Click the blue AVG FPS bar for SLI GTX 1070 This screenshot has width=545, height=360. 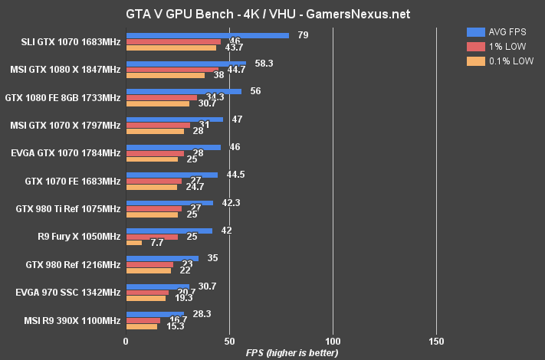207,35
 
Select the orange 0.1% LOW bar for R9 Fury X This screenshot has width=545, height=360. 134,243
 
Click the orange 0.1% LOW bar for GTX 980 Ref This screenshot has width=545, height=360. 149,270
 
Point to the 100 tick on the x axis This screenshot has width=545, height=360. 333,340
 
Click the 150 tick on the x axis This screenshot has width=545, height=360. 436,340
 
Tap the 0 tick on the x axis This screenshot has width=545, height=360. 126,340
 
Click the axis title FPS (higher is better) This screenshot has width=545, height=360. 281,352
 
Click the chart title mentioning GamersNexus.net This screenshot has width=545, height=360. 272,13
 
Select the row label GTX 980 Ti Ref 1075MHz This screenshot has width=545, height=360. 68,208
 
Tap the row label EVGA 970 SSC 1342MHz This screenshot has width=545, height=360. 68,292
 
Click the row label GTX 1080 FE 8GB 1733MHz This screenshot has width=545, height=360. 63,97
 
